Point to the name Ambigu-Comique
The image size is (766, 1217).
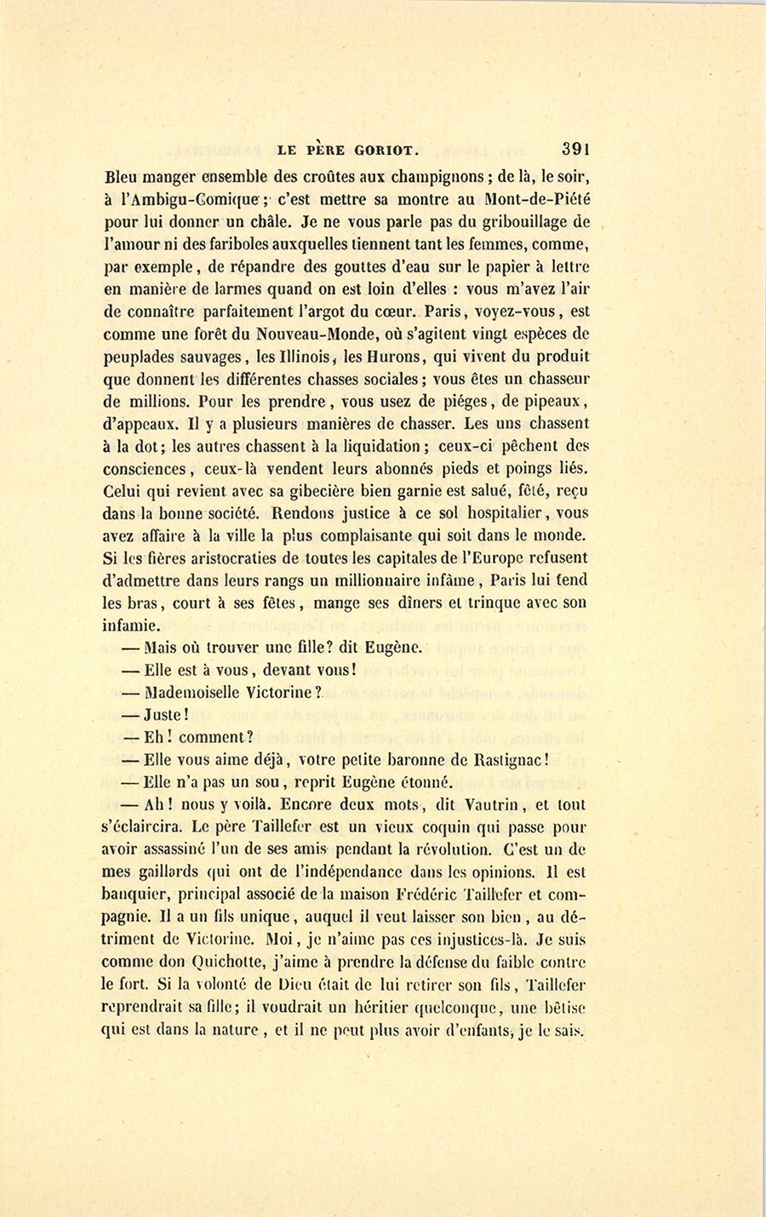187,202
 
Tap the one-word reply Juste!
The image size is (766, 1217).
165,715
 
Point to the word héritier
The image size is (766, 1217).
443,1008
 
